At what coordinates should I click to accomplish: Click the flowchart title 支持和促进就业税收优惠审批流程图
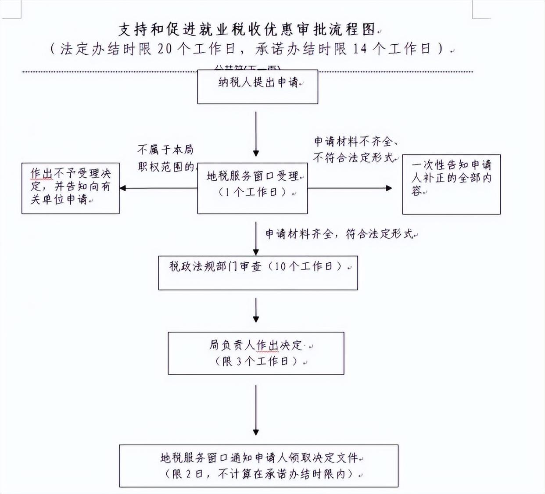click(x=247, y=29)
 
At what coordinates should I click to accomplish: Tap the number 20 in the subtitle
click(x=165, y=49)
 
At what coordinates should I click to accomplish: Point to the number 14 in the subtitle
click(x=360, y=49)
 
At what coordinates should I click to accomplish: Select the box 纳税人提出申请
click(x=258, y=87)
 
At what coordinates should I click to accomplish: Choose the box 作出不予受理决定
click(x=70, y=188)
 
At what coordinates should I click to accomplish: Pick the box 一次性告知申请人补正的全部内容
click(x=451, y=184)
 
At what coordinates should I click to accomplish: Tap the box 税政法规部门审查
click(x=258, y=272)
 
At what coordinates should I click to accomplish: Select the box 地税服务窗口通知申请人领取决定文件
click(x=258, y=466)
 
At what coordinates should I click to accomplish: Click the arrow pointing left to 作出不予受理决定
click(x=158, y=188)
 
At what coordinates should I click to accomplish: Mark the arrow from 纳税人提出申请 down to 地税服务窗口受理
click(x=256, y=134)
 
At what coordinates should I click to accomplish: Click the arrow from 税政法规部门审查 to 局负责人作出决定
click(x=256, y=311)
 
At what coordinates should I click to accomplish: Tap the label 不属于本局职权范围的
click(x=165, y=158)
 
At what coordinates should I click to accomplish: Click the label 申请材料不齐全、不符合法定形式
click(x=355, y=150)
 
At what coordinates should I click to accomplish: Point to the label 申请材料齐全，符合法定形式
click(x=340, y=234)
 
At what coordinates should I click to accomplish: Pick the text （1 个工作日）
click(x=252, y=192)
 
